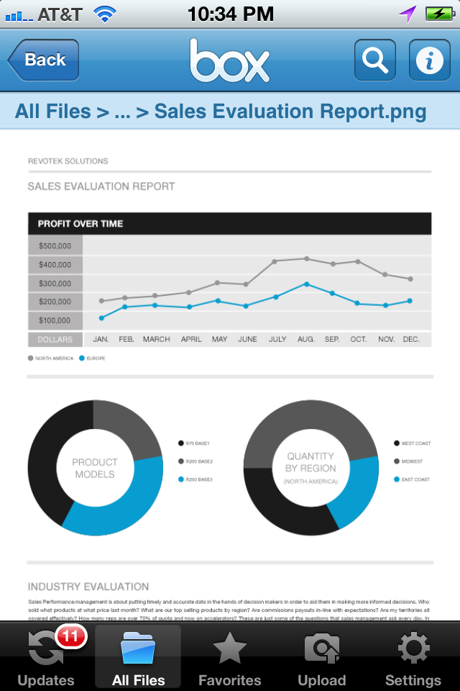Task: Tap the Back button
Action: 44,60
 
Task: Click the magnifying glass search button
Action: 374,60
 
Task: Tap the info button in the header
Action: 429,60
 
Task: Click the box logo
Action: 229,60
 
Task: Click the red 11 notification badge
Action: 70,636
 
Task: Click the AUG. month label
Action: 305,339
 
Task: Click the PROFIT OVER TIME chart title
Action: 80,224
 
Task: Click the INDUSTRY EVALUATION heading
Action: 88,587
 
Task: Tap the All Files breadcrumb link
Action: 52,112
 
